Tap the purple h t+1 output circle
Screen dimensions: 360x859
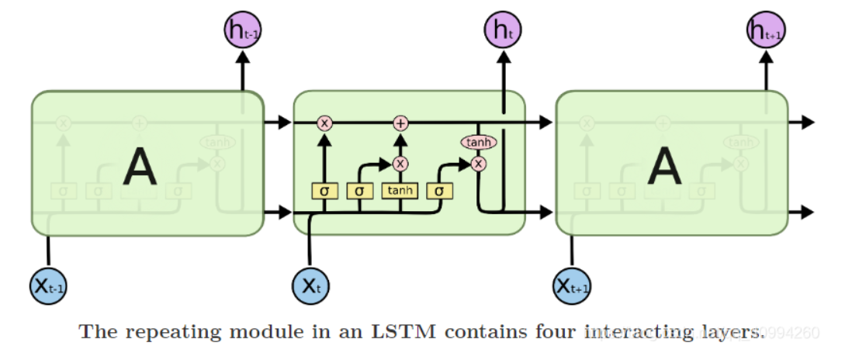[765, 31]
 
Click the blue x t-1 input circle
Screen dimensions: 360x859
[48, 286]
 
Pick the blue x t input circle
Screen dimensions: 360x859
[310, 286]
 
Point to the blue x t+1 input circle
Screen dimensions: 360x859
[573, 286]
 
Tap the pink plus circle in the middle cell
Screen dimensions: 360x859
[400, 123]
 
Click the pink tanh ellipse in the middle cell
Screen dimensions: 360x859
[479, 143]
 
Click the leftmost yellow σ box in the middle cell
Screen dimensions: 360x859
[324, 190]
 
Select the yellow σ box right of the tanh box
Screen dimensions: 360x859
[440, 190]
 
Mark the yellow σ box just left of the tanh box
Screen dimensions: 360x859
[360, 190]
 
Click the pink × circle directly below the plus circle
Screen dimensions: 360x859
[400, 164]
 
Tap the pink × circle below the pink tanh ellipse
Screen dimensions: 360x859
[479, 164]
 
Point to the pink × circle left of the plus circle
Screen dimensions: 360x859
[324, 123]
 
